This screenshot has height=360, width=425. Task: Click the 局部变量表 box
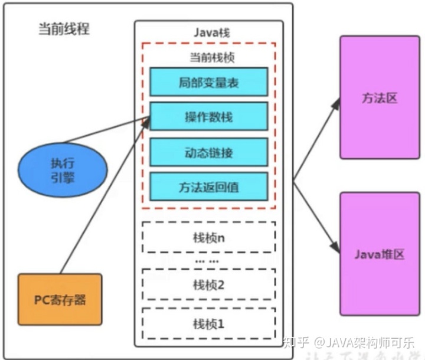pyautogui.click(x=208, y=81)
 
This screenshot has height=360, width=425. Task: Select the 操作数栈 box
pyautogui.click(x=208, y=116)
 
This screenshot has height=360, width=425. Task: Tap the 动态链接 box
pyautogui.click(x=208, y=152)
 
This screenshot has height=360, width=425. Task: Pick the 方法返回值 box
pyautogui.click(x=208, y=187)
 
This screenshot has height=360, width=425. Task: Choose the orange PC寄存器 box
pyautogui.click(x=60, y=299)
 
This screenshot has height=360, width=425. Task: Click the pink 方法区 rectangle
pyautogui.click(x=380, y=97)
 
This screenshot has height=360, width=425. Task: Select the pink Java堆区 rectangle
pyautogui.click(x=380, y=253)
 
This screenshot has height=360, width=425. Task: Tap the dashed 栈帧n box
pyautogui.click(x=208, y=237)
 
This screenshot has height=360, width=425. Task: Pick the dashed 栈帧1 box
pyautogui.click(x=208, y=323)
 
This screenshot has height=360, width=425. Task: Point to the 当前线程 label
pyautogui.click(x=60, y=28)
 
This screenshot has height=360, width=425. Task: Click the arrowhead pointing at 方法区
pyautogui.click(x=336, y=102)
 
